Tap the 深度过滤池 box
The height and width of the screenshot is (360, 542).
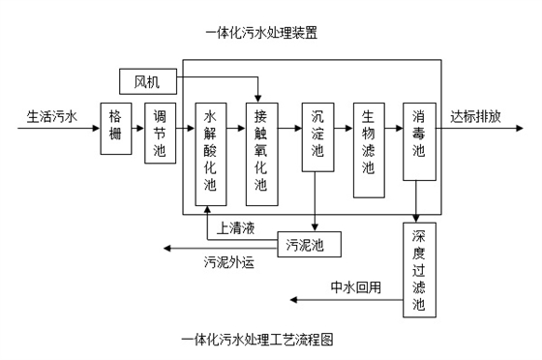(418, 270)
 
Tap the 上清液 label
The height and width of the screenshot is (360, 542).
(236, 228)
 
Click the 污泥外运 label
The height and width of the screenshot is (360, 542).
(228, 261)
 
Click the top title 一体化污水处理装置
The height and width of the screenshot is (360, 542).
(261, 33)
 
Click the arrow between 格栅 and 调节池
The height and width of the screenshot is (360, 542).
(137, 128)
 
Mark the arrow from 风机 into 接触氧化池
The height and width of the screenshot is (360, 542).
(257, 88)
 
